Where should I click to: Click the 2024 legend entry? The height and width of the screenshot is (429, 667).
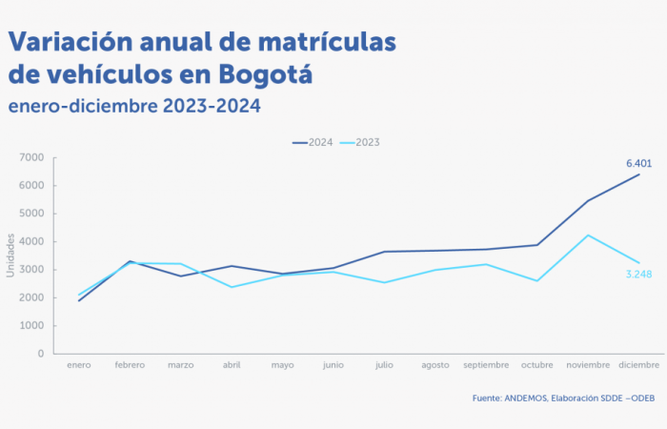click(313, 142)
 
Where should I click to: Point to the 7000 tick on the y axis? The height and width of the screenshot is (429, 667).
click(32, 157)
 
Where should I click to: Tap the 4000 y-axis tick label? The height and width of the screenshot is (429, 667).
click(32, 241)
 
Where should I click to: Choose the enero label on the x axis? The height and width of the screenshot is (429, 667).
click(79, 365)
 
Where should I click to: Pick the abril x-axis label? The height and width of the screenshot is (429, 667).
click(232, 365)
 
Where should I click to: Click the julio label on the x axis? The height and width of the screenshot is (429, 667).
click(384, 365)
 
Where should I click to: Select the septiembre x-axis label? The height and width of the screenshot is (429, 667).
click(486, 365)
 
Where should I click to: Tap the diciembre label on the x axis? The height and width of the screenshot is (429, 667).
click(638, 365)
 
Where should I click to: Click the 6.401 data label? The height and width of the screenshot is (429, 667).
click(638, 164)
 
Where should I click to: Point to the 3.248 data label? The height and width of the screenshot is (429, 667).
click(638, 275)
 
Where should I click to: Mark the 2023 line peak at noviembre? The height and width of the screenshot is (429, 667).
click(588, 235)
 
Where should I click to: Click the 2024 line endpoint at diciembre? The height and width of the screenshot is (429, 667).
click(638, 174)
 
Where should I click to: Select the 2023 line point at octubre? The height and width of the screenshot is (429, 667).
click(537, 280)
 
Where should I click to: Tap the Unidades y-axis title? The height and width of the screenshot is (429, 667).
click(10, 255)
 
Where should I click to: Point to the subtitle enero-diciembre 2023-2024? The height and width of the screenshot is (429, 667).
click(133, 105)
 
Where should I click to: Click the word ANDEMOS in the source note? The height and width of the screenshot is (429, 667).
click(528, 398)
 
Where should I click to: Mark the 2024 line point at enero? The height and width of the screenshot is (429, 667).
click(79, 300)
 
